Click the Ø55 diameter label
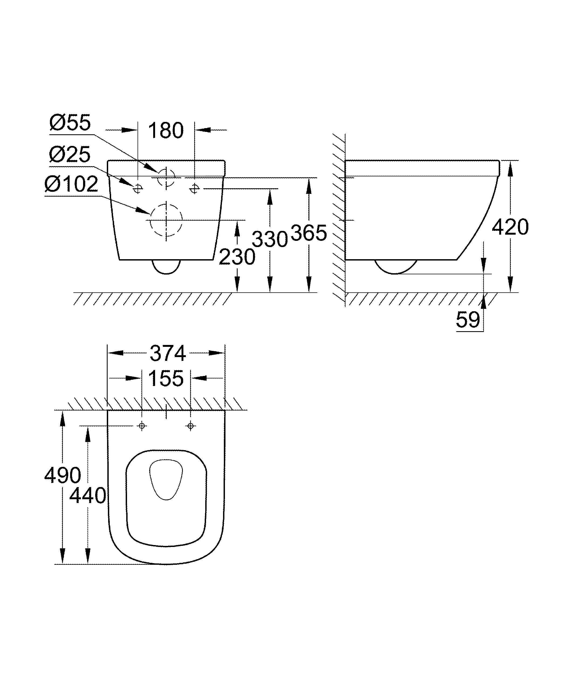70,123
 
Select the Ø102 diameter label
71,184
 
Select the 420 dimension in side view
510,227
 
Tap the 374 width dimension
167,354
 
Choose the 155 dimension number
166,378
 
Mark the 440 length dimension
88,495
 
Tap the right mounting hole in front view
194,188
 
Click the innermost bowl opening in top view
166,479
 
